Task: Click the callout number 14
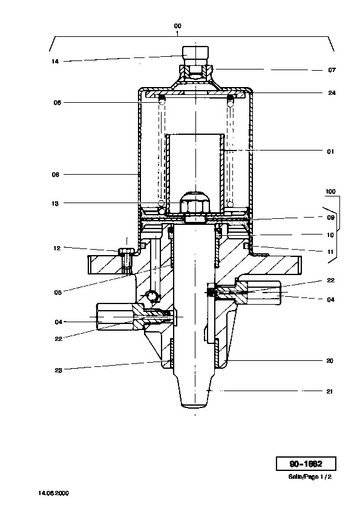pyautogui.click(x=55, y=61)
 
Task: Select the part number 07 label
pyautogui.click(x=332, y=70)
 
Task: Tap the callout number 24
pyautogui.click(x=332, y=93)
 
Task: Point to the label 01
pyautogui.click(x=330, y=151)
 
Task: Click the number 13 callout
pyautogui.click(x=55, y=204)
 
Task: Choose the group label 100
pyautogui.click(x=330, y=192)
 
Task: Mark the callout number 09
pyautogui.click(x=331, y=218)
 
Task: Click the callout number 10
pyautogui.click(x=330, y=235)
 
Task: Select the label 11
pyautogui.click(x=330, y=252)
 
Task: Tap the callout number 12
pyautogui.click(x=57, y=248)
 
